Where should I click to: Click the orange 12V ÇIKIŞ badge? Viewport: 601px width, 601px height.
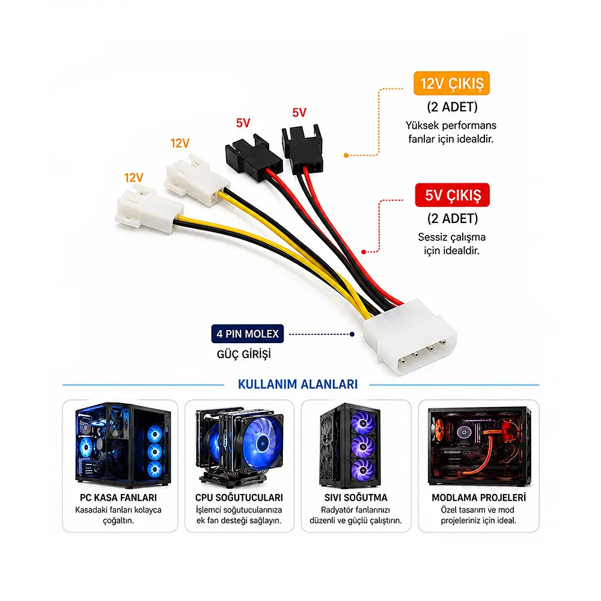click(x=451, y=83)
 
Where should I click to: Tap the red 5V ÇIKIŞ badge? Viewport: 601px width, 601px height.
click(x=453, y=195)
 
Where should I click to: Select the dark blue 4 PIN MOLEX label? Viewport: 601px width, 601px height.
click(x=248, y=334)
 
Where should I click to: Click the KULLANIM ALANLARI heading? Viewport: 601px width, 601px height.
click(x=298, y=384)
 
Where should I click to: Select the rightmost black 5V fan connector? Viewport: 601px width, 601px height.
click(x=302, y=150)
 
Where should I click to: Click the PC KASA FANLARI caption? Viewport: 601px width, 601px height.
click(x=118, y=498)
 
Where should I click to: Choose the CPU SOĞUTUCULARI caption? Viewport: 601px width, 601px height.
click(x=239, y=498)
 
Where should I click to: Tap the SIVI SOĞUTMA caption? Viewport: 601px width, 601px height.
click(x=356, y=498)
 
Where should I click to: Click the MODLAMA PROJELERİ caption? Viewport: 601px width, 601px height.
click(x=479, y=498)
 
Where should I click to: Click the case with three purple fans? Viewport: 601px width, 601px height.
click(x=351, y=446)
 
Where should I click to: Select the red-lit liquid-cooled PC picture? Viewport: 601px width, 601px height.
click(x=479, y=446)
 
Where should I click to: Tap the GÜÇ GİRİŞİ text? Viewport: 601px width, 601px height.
click(x=244, y=354)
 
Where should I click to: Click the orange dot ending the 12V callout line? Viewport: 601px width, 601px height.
click(x=346, y=155)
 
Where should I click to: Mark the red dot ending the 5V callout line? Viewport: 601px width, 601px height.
click(x=364, y=252)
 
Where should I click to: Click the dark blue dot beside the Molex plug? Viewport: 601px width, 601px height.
click(x=352, y=334)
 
